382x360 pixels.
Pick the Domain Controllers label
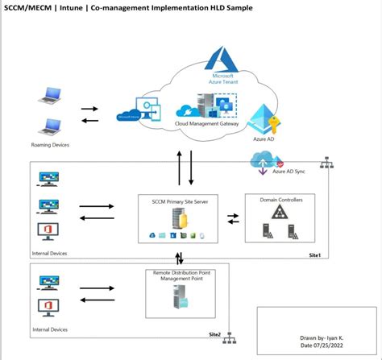(280, 199)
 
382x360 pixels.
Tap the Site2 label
(214, 333)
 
